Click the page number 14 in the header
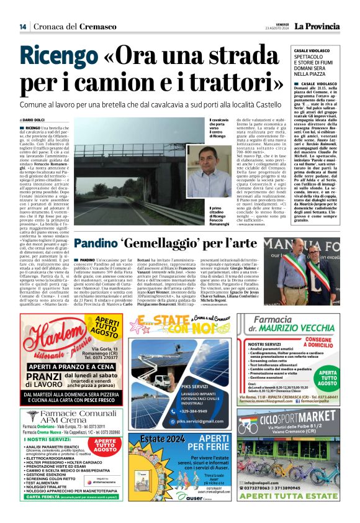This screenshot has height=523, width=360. pos(23,26)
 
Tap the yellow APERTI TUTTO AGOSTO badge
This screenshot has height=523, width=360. pos(109,327)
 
